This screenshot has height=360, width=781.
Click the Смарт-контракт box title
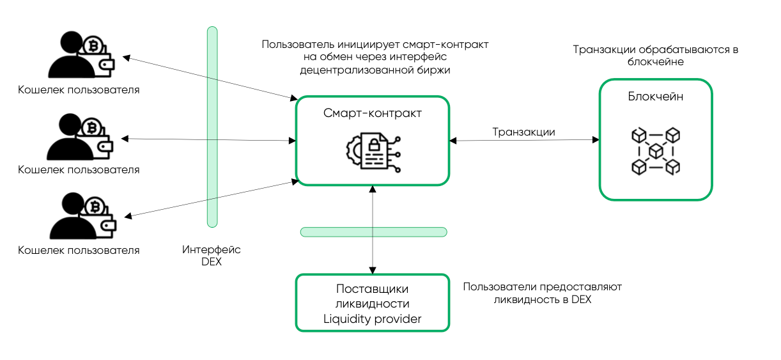(x=373, y=113)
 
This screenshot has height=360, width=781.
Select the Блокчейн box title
(x=655, y=97)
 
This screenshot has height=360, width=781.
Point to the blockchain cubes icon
(x=655, y=151)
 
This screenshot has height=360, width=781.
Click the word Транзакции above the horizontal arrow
(x=523, y=132)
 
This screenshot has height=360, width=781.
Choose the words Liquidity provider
(x=373, y=318)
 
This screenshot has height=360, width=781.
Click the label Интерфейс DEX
(x=211, y=256)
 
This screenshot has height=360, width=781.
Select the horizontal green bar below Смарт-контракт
(x=373, y=231)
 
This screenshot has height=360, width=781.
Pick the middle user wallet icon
(x=81, y=137)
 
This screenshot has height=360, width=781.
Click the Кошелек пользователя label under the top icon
(x=79, y=90)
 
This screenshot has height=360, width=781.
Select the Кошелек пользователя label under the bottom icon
(x=79, y=250)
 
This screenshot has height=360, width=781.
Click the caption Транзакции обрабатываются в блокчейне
(x=655, y=56)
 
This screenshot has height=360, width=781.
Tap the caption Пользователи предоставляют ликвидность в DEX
(x=542, y=293)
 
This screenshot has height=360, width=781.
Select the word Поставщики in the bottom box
(x=373, y=289)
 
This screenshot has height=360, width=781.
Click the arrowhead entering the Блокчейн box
(x=596, y=139)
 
